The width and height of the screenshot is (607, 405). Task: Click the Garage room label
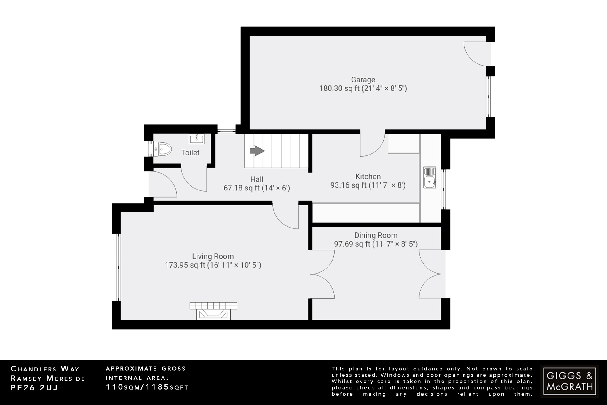point(363,80)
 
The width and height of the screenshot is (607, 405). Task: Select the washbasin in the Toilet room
point(196,139)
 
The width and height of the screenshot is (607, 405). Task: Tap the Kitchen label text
point(368,177)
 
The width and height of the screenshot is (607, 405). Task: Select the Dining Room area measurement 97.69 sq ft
point(376,244)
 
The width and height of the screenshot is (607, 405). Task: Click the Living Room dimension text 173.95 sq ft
point(213,265)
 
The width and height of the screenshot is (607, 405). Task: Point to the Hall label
point(257,179)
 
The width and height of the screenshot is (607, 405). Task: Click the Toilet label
point(190,153)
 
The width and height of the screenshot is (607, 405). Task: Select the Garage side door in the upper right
point(476,53)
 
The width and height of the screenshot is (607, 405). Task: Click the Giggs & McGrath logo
point(569,381)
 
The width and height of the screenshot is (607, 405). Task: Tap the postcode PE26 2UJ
point(34,388)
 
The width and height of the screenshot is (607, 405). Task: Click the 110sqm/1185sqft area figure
point(147,387)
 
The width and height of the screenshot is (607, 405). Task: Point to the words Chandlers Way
point(45,369)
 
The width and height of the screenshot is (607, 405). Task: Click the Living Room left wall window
point(118,267)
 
